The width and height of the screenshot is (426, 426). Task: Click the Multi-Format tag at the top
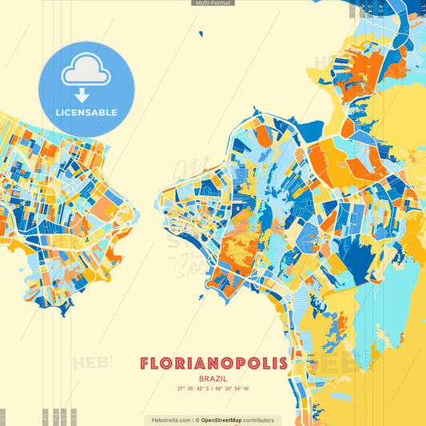pyautogui.click(x=213, y=3)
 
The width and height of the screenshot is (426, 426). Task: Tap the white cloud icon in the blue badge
pyautogui.click(x=86, y=70)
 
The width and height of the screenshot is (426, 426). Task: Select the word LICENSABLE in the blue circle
pyautogui.click(x=86, y=113)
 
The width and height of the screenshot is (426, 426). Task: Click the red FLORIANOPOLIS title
pyautogui.click(x=213, y=364)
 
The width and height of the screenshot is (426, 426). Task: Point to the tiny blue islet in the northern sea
pyautogui.click(x=201, y=34)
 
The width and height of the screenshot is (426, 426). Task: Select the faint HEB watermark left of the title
pyautogui.click(x=90, y=364)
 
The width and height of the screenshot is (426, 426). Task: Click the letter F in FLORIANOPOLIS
pyautogui.click(x=145, y=364)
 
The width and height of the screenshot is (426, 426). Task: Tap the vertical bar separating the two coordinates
pyautogui.click(x=213, y=388)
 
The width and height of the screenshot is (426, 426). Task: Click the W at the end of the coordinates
pyautogui.click(x=247, y=388)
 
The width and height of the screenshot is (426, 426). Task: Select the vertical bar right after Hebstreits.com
pyautogui.click(x=193, y=420)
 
